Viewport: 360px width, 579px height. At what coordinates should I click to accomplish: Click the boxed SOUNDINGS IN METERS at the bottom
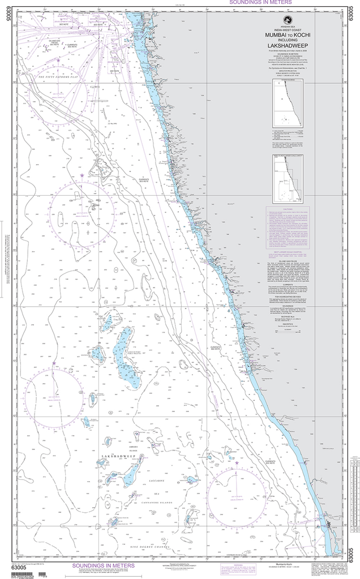(x=102, y=565)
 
